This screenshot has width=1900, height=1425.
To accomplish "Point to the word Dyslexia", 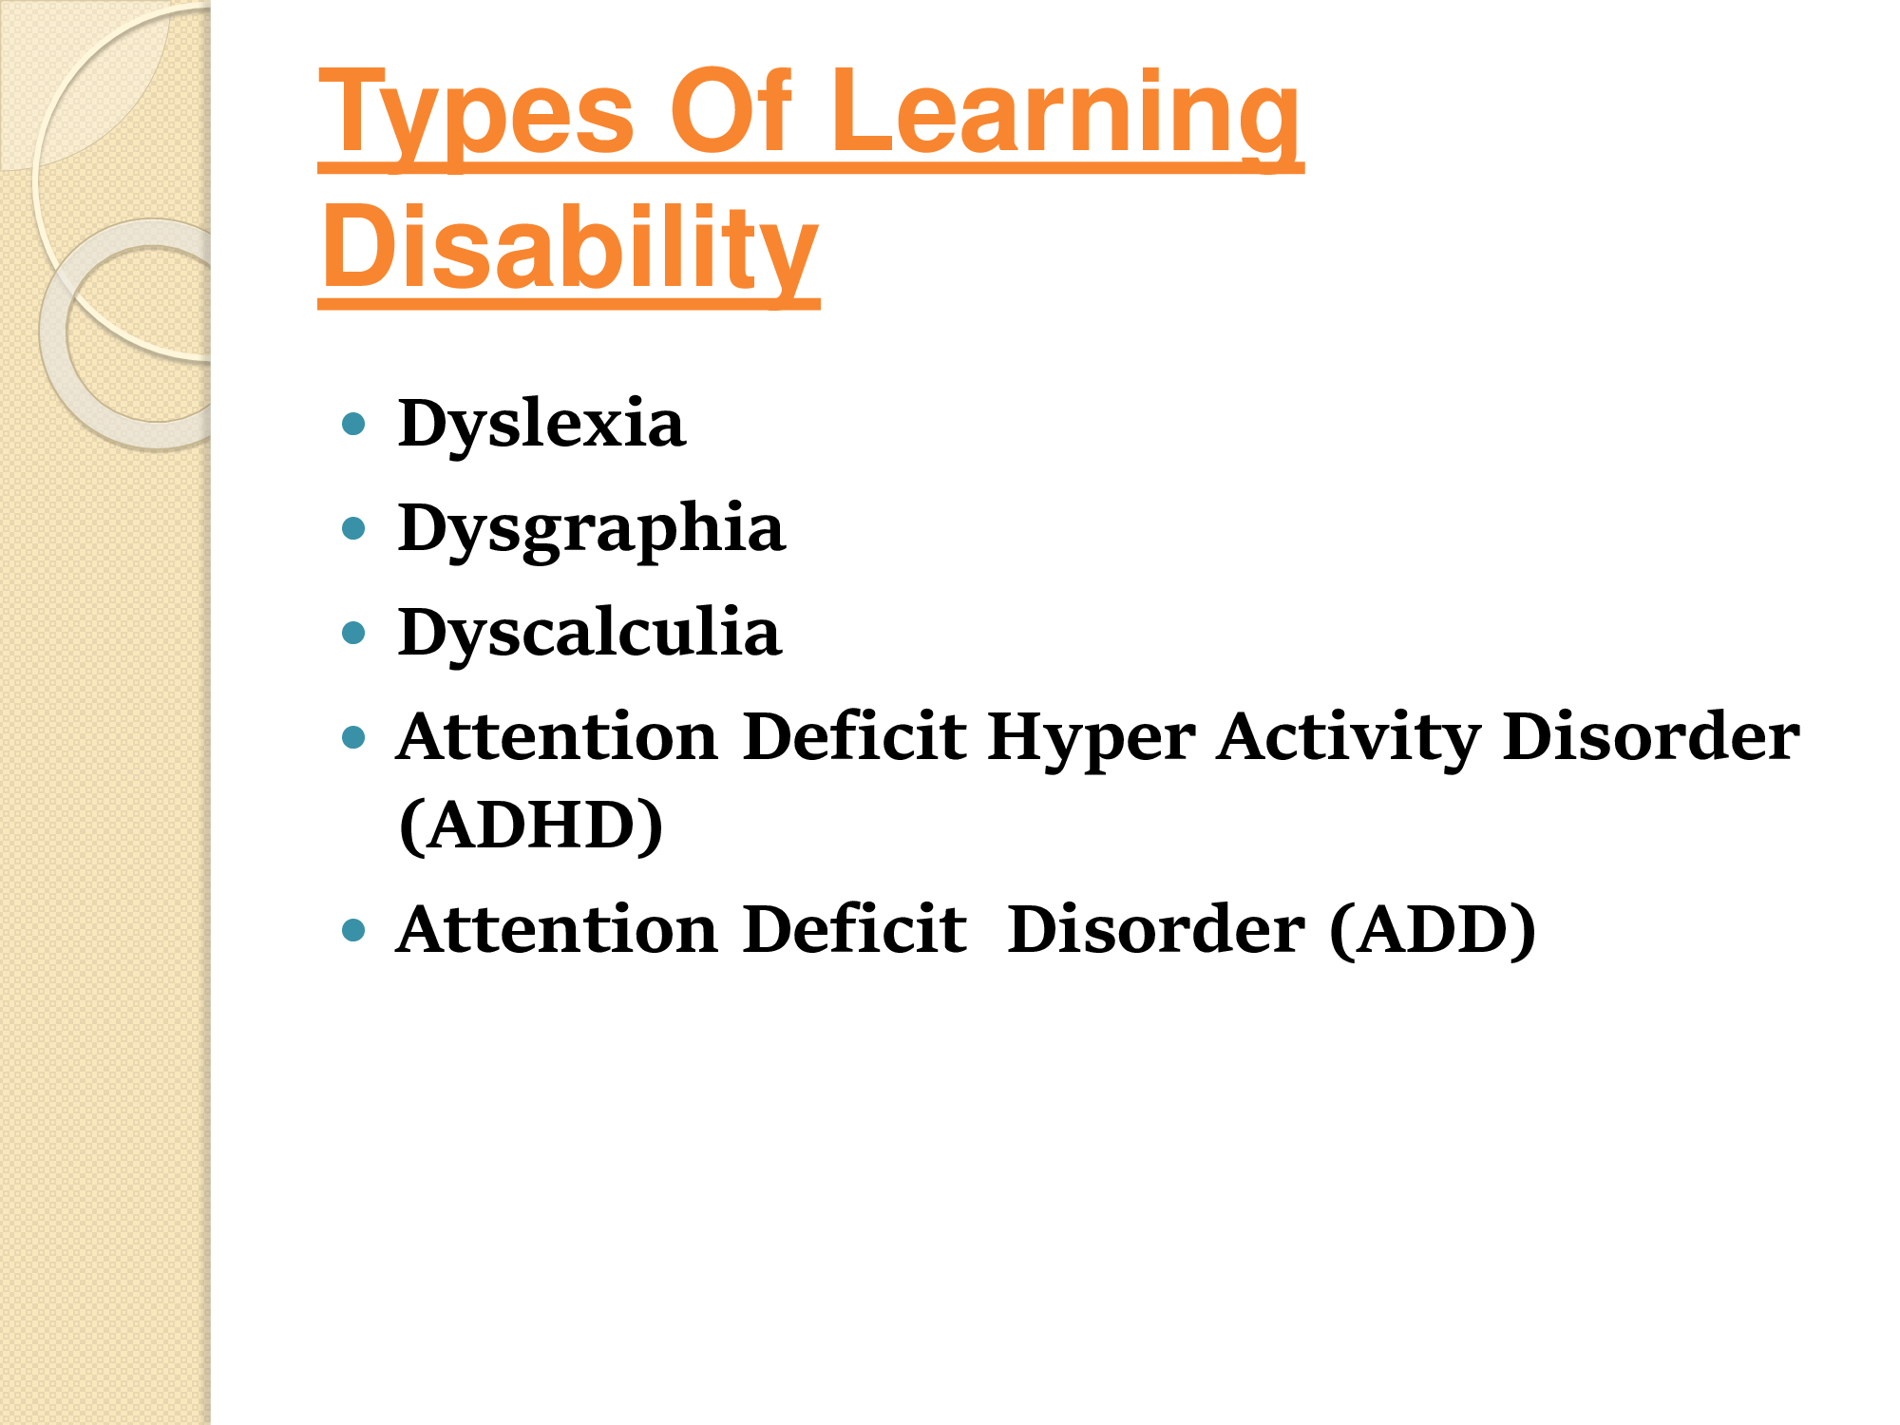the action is tap(541, 426).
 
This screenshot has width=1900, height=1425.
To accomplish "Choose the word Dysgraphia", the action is tap(592, 530).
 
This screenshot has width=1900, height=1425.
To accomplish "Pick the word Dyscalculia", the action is tap(590, 634).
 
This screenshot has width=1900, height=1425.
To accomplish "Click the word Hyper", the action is tap(1091, 739).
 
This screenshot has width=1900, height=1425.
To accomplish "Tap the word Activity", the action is tap(1348, 739).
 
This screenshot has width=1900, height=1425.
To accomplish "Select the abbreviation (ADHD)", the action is tap(531, 826).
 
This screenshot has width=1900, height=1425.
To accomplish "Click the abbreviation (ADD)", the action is tap(1433, 930).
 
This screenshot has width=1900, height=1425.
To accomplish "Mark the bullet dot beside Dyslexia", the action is tap(353, 424).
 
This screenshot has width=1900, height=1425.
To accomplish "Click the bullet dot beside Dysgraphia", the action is tap(353, 528).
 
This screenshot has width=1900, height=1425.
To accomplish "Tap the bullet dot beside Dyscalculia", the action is tap(353, 633).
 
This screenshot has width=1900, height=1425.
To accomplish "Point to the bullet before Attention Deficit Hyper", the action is tap(353, 737).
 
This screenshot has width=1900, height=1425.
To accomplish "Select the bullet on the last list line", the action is tap(353, 930).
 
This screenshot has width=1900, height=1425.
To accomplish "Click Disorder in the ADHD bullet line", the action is tap(1651, 736).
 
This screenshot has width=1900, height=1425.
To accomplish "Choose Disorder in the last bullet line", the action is tap(1156, 928).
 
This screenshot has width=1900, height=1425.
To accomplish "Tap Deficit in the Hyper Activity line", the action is tap(855, 736).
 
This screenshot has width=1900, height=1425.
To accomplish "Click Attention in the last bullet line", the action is tap(558, 928).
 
